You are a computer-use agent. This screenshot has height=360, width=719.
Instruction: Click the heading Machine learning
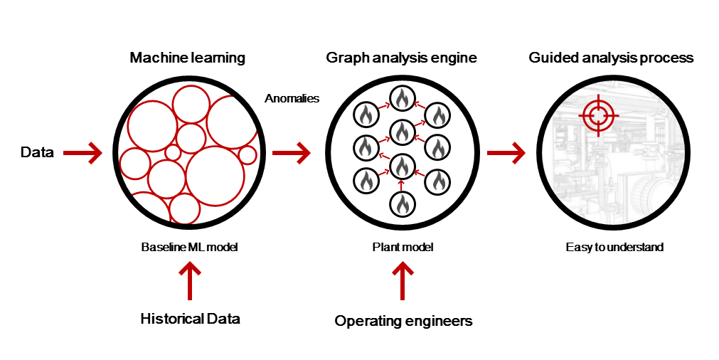click(x=187, y=58)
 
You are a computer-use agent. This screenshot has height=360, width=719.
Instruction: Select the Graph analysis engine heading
click(x=401, y=58)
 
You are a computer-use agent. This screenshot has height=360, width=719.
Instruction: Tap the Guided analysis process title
click(x=611, y=58)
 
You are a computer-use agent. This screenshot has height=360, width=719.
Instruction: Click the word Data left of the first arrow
click(x=37, y=152)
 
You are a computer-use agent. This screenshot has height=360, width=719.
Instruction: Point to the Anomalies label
click(x=292, y=99)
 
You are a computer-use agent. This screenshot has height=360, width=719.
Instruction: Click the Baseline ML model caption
click(x=188, y=248)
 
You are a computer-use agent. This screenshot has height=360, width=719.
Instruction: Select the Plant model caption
click(x=403, y=248)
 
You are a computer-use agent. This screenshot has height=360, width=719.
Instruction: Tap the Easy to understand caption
click(x=614, y=248)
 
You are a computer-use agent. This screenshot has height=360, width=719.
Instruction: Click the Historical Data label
click(x=190, y=319)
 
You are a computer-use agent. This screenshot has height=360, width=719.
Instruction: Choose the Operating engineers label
click(x=403, y=322)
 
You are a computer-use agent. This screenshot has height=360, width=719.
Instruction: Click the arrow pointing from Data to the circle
click(x=83, y=152)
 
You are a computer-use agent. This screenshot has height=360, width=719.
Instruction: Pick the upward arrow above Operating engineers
click(x=403, y=282)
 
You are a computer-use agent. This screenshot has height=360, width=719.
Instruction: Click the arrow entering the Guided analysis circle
click(x=506, y=152)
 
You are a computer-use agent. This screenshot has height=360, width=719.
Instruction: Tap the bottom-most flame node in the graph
click(x=402, y=205)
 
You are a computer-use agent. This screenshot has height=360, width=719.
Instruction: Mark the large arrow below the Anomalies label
click(x=292, y=152)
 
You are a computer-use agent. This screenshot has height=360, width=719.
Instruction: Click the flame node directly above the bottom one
click(x=402, y=166)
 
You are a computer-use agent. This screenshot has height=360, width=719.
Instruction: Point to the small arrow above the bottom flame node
click(x=402, y=186)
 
